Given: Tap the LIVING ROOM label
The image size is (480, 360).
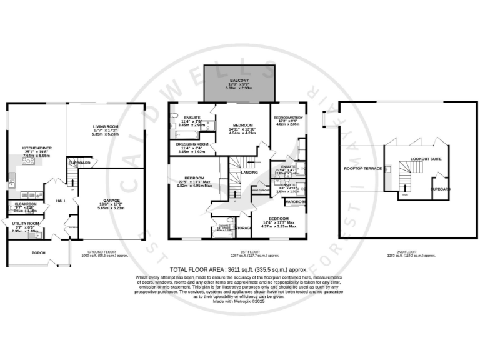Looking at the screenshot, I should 105,126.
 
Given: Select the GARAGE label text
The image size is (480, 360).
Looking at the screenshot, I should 111,201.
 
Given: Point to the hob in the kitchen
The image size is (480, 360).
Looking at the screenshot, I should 29,161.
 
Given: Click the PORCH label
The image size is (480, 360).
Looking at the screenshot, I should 39,253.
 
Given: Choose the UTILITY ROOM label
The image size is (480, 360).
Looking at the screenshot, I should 24,223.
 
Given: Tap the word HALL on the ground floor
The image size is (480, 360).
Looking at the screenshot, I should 61,201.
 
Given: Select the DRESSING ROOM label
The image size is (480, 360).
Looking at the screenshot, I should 192,144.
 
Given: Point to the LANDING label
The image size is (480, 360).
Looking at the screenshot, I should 250,172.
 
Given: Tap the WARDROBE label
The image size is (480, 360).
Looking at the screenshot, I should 295,202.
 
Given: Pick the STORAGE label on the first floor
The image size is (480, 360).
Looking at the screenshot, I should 243,228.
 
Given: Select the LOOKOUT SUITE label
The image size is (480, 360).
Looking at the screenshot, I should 426,159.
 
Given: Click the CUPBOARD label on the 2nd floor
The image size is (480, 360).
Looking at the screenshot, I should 441,187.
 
